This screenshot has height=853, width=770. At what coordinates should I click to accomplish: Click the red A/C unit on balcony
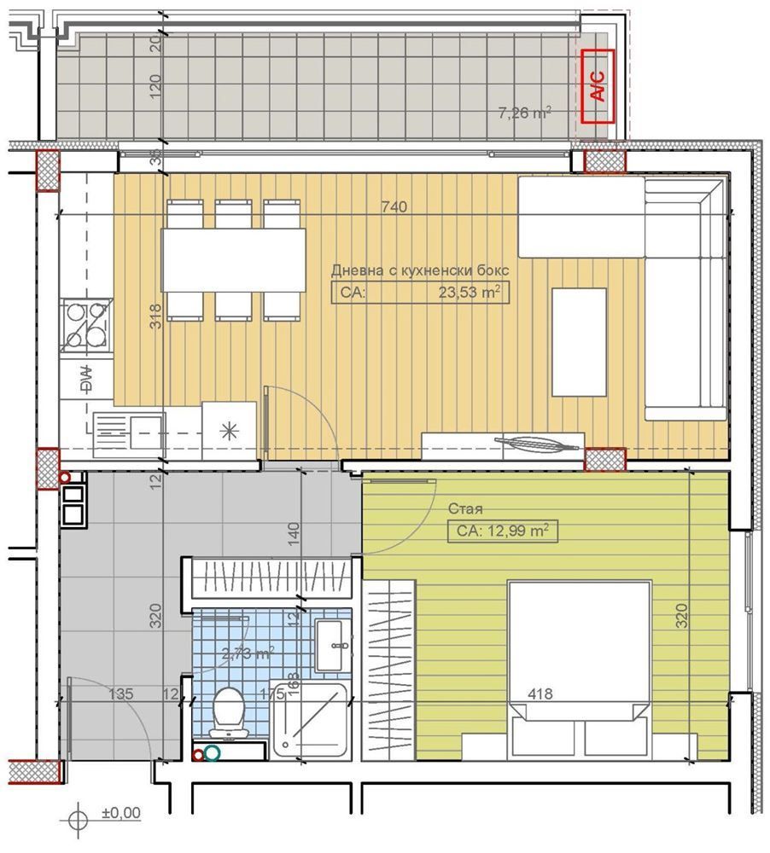click(x=598, y=86)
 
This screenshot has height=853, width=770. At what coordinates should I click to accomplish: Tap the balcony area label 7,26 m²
click(x=524, y=112)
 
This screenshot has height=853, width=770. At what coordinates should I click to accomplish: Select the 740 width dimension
click(x=394, y=207)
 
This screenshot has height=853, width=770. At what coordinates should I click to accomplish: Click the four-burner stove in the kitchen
click(x=86, y=325)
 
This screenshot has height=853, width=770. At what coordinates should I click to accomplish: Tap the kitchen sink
click(x=128, y=425)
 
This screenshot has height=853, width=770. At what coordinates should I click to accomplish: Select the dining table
click(x=234, y=260)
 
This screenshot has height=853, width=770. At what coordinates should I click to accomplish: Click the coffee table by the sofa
click(x=579, y=341)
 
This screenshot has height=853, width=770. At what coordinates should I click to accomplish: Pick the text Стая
click(x=464, y=509)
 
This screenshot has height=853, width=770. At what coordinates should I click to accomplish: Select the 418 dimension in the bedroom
click(x=540, y=694)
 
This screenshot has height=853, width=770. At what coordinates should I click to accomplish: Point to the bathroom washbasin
click(x=332, y=646)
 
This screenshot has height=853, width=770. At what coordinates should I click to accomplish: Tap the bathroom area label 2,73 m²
click(x=248, y=654)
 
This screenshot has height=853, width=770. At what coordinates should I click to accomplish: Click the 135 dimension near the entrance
click(x=121, y=694)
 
